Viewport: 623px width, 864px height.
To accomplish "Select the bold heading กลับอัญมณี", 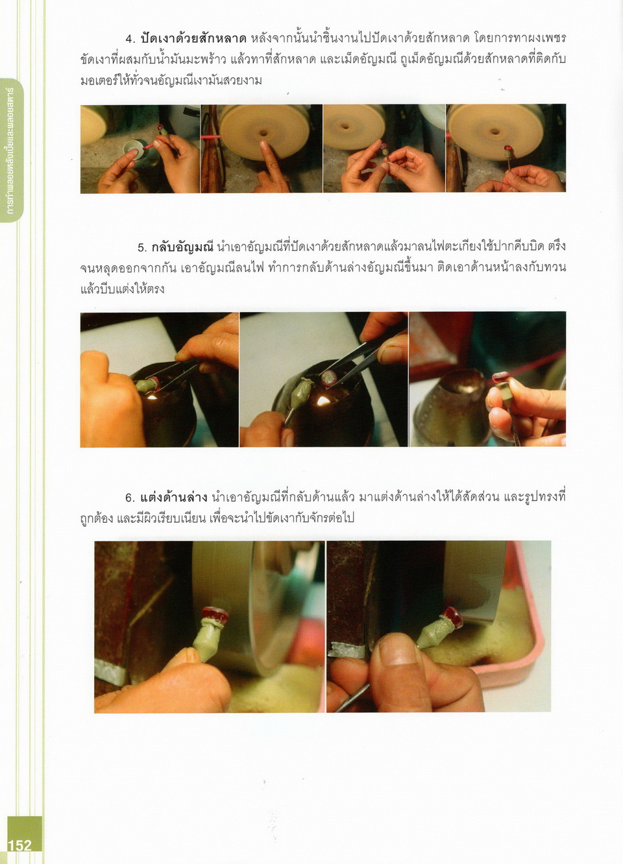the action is click(x=182, y=247).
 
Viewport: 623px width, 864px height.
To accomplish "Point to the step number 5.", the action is click(x=142, y=248).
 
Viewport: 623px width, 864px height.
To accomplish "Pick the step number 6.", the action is click(x=130, y=498).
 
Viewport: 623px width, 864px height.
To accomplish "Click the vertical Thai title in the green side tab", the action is click(x=11, y=150).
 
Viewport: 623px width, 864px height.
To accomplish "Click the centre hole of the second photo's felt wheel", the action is click(x=264, y=133).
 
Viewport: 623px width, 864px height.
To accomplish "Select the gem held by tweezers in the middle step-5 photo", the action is click(x=329, y=378).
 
